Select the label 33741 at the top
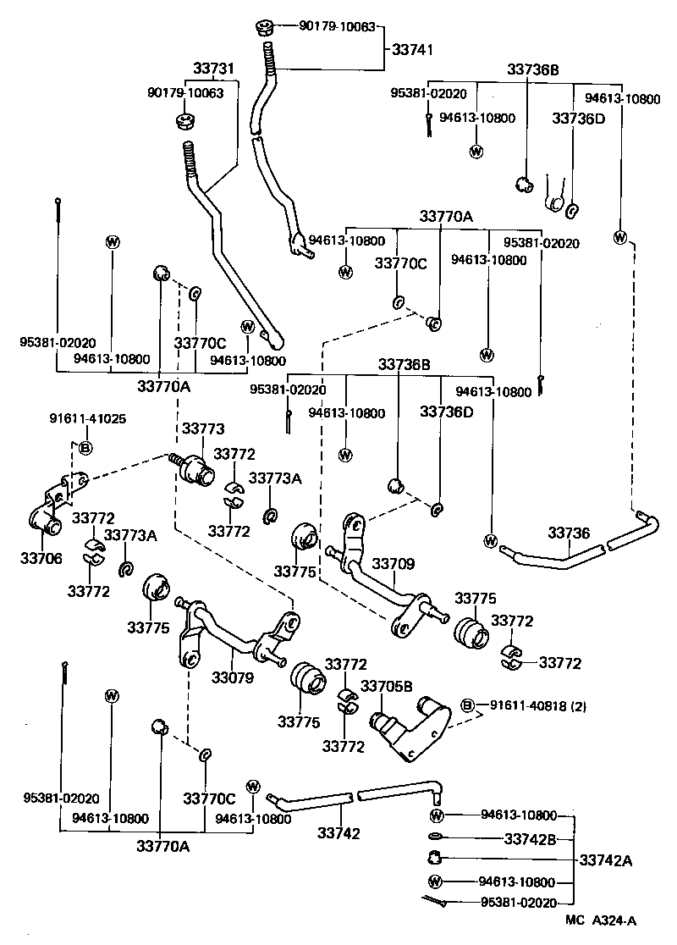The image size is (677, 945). (x=413, y=50)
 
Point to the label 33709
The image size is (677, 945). (x=394, y=563)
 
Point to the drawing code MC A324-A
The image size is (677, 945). (x=601, y=920)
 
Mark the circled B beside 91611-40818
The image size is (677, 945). (x=466, y=705)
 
